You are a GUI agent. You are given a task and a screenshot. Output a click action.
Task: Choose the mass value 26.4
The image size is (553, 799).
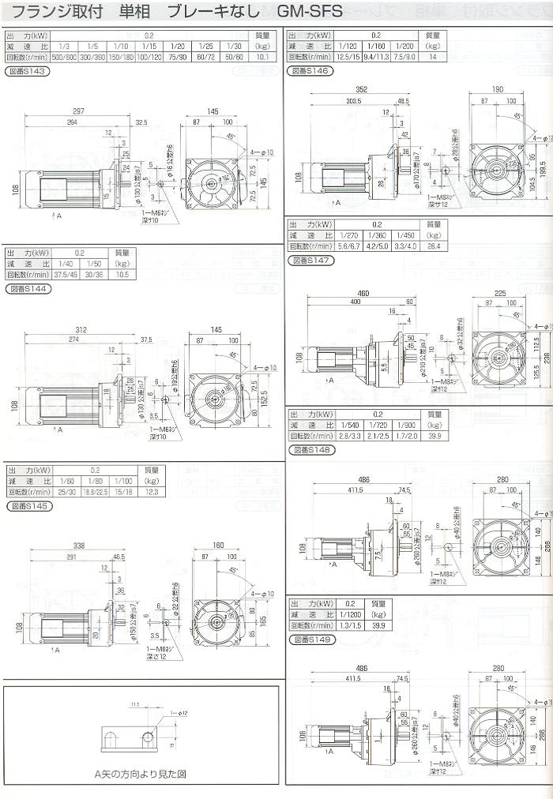click(434, 246)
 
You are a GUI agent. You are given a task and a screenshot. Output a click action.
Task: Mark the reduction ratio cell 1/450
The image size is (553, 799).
click(404, 235)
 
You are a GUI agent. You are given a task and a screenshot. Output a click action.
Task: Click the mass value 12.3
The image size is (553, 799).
click(152, 492)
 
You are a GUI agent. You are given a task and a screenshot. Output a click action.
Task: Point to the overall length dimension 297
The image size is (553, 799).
click(78, 111)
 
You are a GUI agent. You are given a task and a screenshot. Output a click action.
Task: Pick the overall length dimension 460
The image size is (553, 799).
click(363, 294)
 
